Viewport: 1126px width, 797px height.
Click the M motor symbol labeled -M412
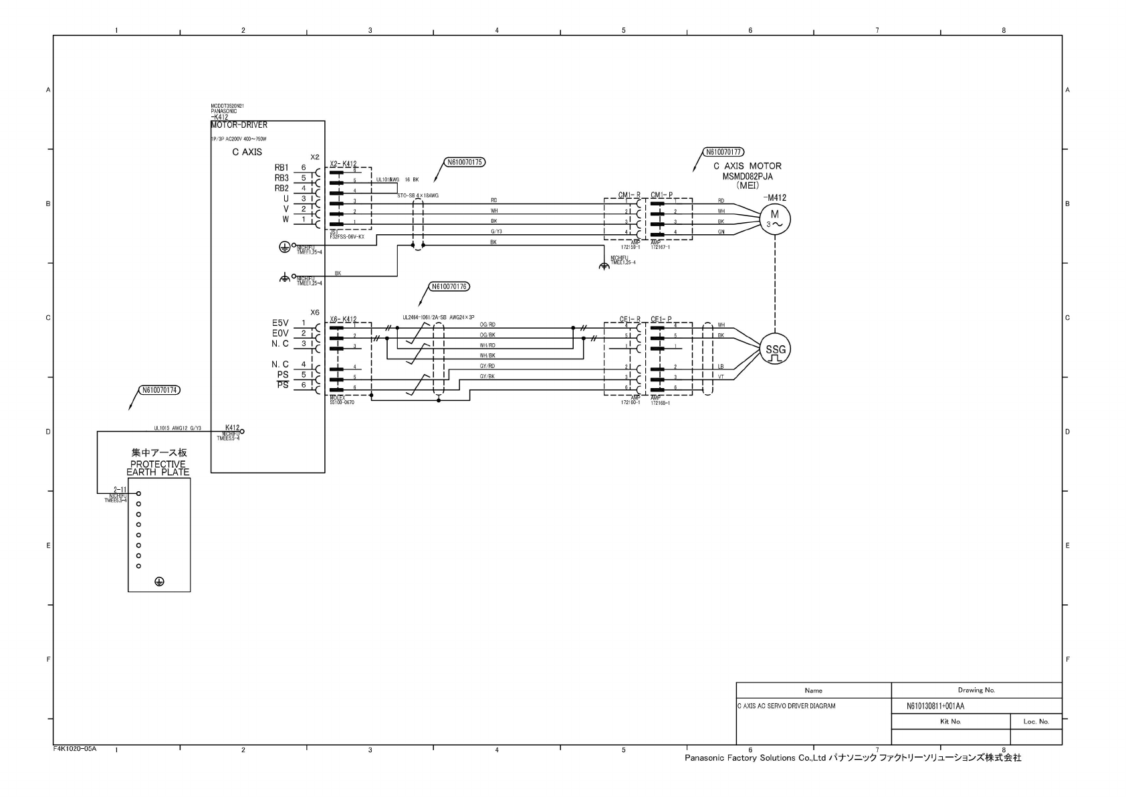[x=775, y=218]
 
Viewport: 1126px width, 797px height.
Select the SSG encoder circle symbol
[x=775, y=350]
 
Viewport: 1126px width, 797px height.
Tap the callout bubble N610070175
[x=465, y=162]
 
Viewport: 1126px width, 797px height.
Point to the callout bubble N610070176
[x=449, y=286]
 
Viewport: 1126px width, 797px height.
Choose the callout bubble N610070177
[x=724, y=152]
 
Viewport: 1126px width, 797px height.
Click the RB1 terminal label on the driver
[x=281, y=168]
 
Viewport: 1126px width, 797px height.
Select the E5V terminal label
[x=280, y=323]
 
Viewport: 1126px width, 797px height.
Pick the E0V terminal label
[x=280, y=333]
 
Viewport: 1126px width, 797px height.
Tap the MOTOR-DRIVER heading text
[x=239, y=125]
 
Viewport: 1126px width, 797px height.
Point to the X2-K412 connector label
[x=343, y=164]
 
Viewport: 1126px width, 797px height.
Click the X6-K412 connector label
[x=343, y=319]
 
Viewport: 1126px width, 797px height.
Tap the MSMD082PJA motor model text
[x=747, y=176]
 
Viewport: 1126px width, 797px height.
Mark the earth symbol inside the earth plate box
[x=159, y=582]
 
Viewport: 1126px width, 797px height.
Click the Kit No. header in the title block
[x=950, y=721]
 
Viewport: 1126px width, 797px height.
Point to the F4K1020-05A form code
[x=75, y=749]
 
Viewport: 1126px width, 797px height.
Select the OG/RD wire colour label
[x=487, y=325]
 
